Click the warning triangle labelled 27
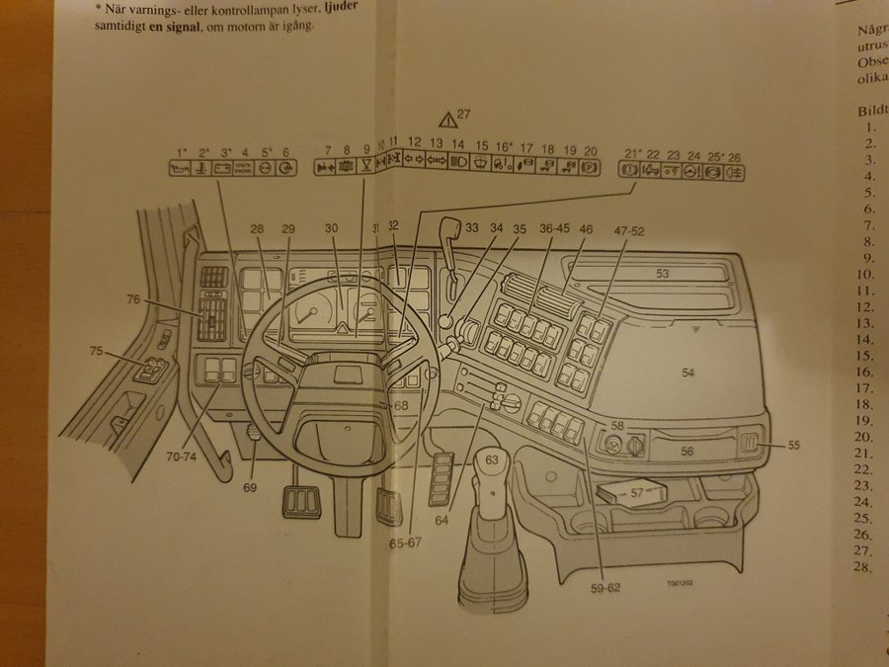pyautogui.click(x=449, y=121)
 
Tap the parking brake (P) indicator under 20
pyautogui.click(x=591, y=169)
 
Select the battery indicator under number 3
pyautogui.click(x=225, y=169)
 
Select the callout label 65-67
pyautogui.click(x=405, y=542)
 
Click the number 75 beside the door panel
pyautogui.click(x=96, y=351)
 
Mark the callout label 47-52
pyautogui.click(x=628, y=229)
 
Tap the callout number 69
pyautogui.click(x=249, y=487)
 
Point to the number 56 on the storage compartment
pyautogui.click(x=687, y=450)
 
